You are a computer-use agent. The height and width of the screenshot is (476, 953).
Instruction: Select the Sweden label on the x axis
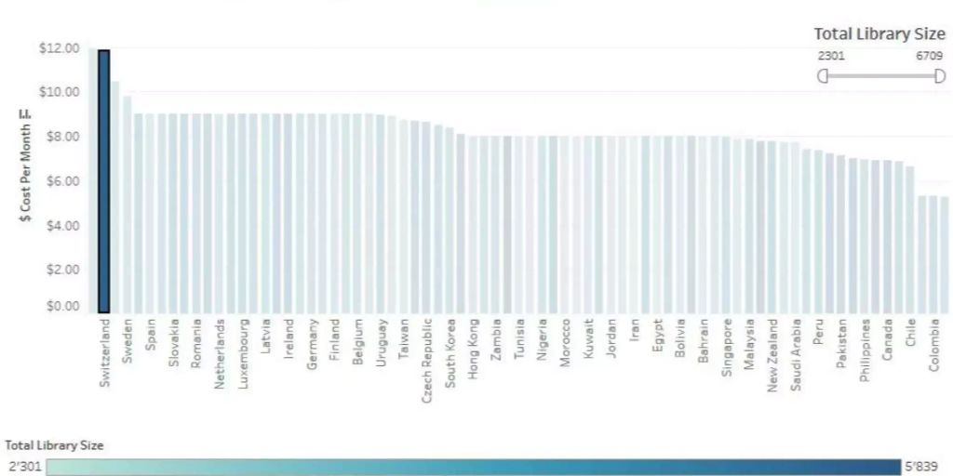click(x=128, y=343)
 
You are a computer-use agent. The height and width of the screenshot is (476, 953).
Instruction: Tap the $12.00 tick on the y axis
click(x=58, y=48)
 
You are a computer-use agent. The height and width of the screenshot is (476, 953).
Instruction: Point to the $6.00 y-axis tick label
click(x=58, y=181)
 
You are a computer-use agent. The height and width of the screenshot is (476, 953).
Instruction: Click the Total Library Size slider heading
click(x=879, y=34)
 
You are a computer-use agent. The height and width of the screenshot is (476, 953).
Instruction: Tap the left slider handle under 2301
click(x=823, y=75)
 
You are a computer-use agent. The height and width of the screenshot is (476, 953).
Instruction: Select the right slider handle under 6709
click(x=940, y=75)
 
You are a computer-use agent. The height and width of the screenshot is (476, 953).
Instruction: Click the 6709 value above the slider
click(x=929, y=56)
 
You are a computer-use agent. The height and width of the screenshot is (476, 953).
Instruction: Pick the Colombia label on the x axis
click(x=933, y=347)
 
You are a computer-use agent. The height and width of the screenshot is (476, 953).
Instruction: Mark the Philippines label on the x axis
click(x=865, y=350)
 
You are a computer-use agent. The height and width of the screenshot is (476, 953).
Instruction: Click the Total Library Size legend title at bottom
click(x=54, y=445)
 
